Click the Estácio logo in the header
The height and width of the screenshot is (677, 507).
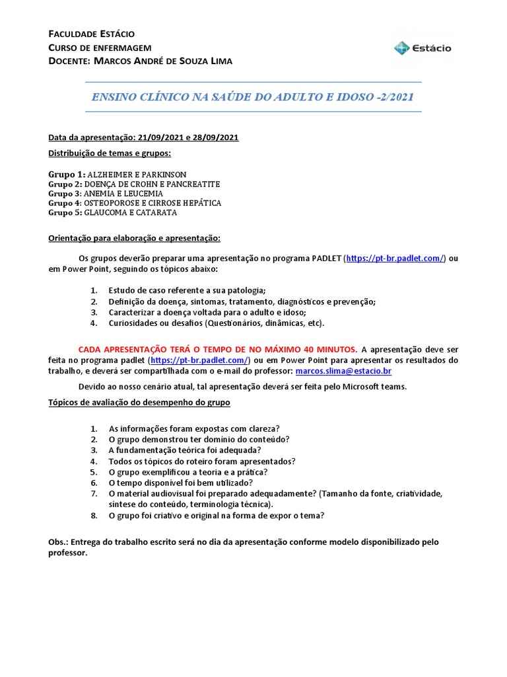pyautogui.click(x=422, y=48)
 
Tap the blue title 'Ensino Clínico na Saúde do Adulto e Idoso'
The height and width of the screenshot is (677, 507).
pyautogui.click(x=253, y=97)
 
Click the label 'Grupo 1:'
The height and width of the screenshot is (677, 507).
pyautogui.click(x=67, y=174)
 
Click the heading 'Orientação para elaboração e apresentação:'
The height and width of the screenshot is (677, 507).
pyautogui.click(x=134, y=237)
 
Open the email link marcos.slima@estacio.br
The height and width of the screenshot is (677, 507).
pyautogui.click(x=343, y=372)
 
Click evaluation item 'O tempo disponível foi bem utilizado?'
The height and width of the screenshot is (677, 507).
pyautogui.click(x=184, y=483)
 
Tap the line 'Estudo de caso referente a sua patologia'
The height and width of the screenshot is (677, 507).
pyautogui.click(x=187, y=291)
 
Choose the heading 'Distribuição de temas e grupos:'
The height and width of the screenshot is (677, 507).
pyautogui.click(x=110, y=153)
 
